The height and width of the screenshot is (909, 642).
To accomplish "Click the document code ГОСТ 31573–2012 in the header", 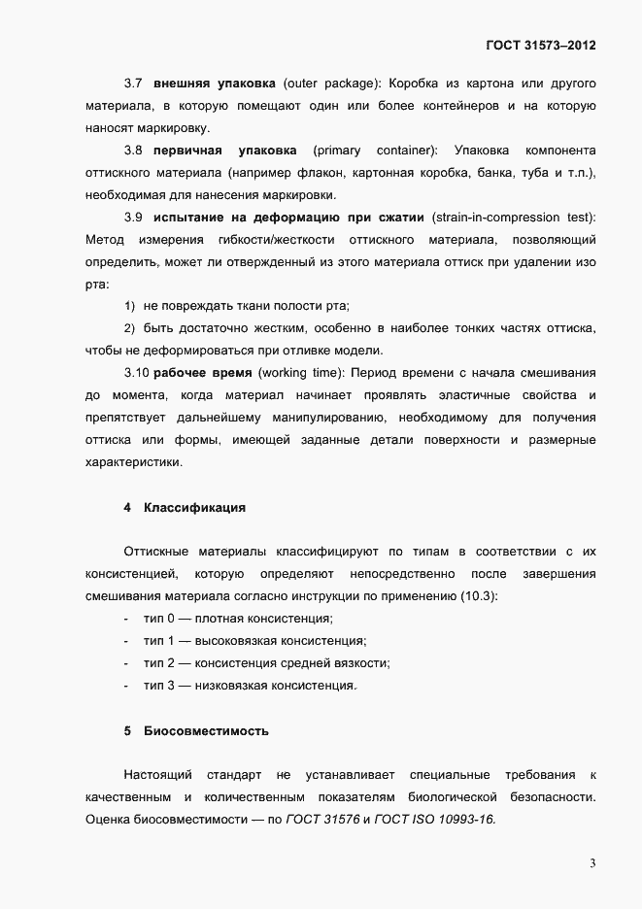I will [540, 46].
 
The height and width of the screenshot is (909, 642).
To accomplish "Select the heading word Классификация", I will [194, 507].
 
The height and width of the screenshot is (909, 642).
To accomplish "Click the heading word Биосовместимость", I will [206, 729].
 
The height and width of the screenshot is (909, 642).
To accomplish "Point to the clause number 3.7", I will [134, 83].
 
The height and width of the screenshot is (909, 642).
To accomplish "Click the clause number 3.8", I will [134, 150].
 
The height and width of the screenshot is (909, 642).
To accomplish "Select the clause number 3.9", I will [134, 217].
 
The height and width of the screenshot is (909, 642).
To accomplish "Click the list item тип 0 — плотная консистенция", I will [238, 619].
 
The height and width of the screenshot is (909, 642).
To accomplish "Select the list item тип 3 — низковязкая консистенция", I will [250, 686].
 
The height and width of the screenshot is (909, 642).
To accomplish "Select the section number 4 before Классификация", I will [127, 507].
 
